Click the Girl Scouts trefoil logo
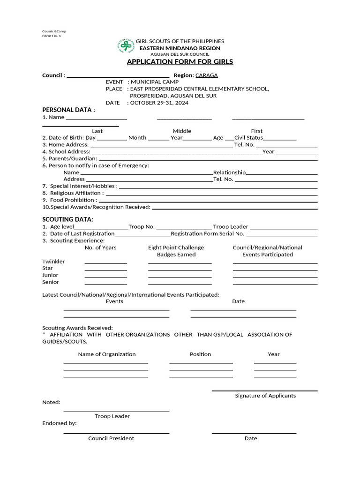click(x=125, y=47)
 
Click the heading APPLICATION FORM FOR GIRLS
click(x=180, y=62)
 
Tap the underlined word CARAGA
click(x=206, y=75)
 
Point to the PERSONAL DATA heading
click(x=68, y=110)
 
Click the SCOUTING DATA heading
click(x=67, y=219)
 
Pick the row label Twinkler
click(x=53, y=262)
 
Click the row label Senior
click(x=51, y=282)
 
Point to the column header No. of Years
click(x=100, y=247)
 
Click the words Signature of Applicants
click(x=265, y=396)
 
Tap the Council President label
click(x=111, y=438)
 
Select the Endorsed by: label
click(x=59, y=423)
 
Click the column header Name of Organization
click(x=107, y=354)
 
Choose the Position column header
click(x=200, y=354)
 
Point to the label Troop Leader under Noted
click(x=112, y=416)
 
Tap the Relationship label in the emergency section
click(x=229, y=172)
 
